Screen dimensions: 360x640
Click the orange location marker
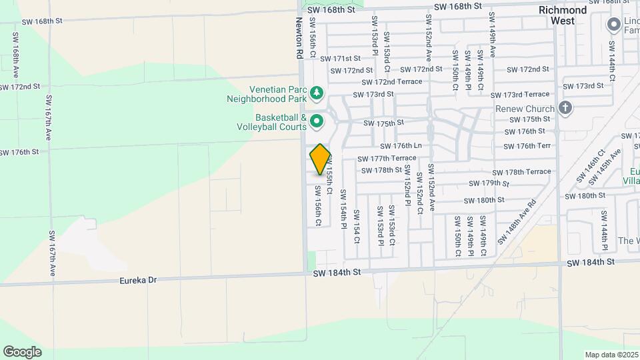[320, 159]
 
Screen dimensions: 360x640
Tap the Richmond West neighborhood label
[563, 15]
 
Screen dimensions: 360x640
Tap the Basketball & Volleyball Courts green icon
[317, 121]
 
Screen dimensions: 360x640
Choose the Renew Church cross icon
[565, 108]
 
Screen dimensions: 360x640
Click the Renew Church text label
[524, 109]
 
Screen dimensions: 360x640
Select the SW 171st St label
[340, 59]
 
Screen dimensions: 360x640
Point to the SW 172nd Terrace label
[392, 81]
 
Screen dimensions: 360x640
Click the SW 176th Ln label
[401, 146]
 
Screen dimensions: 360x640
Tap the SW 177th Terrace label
[387, 158]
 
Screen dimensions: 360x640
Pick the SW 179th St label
[489, 183]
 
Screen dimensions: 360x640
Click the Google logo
[22, 351]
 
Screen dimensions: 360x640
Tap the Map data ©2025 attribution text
[611, 355]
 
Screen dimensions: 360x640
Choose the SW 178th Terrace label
[519, 171]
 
